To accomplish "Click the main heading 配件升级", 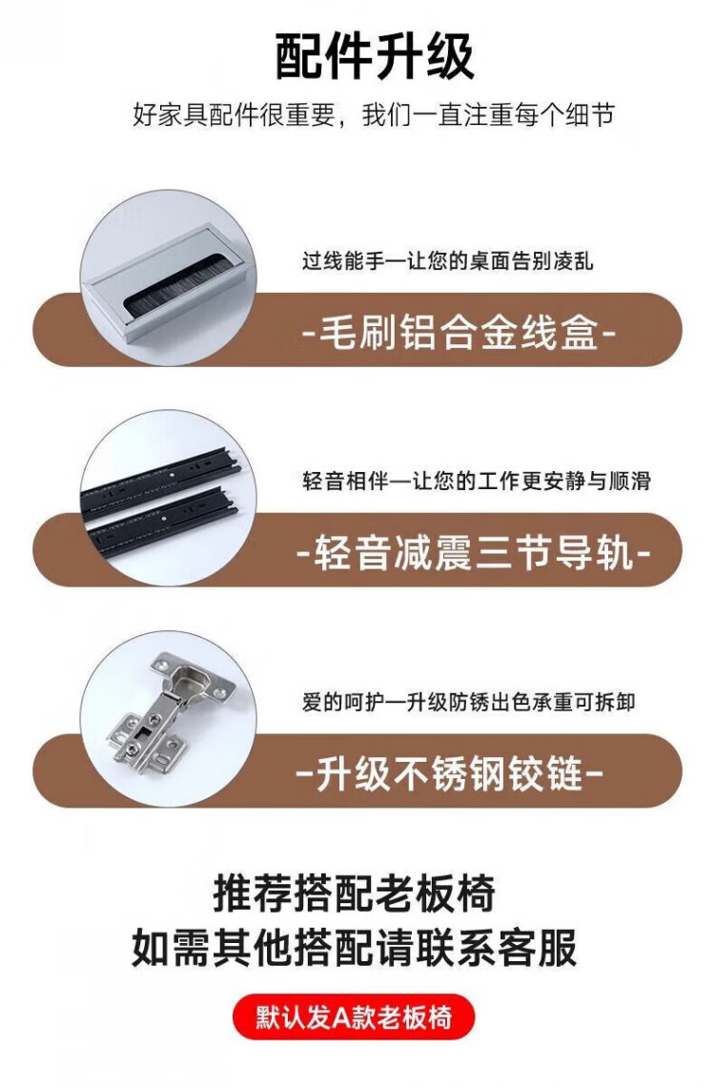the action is pos(375,55).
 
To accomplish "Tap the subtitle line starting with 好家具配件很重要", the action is pos(373,114).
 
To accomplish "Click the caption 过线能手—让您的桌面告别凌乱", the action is pos(447,261).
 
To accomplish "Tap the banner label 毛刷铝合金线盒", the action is pos(460,333).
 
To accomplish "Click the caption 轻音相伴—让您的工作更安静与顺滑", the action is pos(477,481).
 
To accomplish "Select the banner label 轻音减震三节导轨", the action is pos(473,553).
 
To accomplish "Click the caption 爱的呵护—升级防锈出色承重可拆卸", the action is pos(469,702).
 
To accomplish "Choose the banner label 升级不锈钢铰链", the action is pos(449,773).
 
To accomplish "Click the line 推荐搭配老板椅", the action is pos(355,893).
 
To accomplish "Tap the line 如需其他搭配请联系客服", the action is pos(355,948).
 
